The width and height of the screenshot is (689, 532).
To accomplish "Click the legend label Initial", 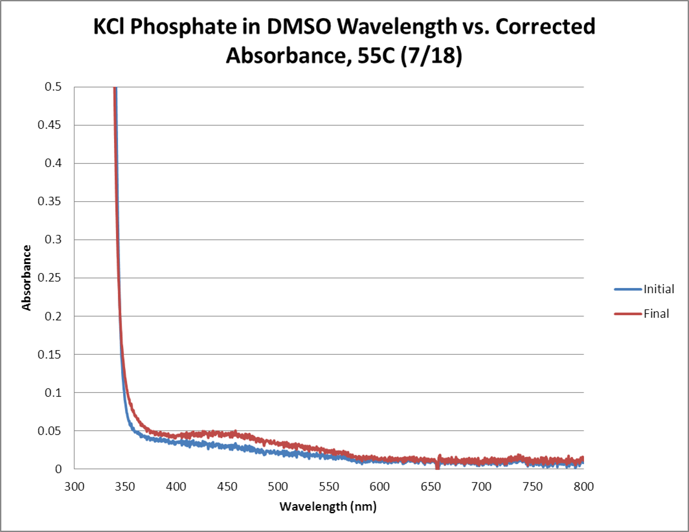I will (659, 289).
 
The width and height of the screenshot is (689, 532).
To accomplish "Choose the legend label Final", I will (656, 315).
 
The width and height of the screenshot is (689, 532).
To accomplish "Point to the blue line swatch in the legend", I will (627, 289).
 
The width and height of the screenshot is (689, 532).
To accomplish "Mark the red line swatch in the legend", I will (627, 315).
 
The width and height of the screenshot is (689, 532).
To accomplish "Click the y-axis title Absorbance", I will (27, 277).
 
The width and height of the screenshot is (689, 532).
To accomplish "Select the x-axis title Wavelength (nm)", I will (328, 507).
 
